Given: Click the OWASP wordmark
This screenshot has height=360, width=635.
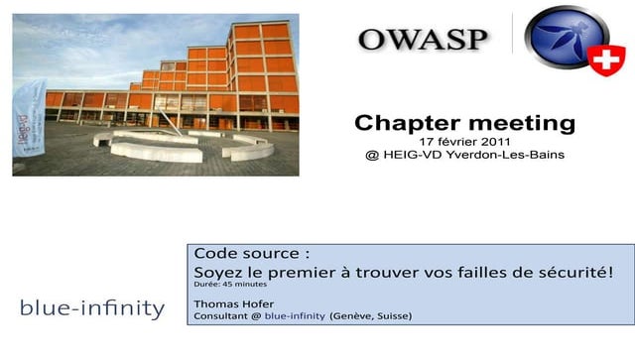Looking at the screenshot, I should tap(424, 39).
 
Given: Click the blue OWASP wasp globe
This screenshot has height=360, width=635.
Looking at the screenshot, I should tap(563, 40).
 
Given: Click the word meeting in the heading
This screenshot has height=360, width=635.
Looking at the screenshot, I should tap(522, 123).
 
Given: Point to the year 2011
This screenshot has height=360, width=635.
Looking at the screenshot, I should tap(495, 142).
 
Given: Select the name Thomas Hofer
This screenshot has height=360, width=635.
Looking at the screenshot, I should tap(233, 301).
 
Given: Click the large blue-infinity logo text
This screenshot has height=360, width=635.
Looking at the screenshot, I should tap(92, 308).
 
